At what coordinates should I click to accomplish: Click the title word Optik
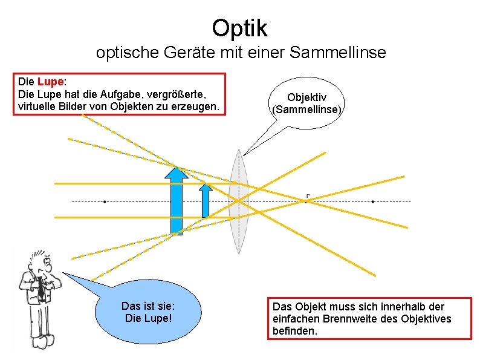[x=239, y=27]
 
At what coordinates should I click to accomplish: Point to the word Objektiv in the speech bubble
[x=307, y=97]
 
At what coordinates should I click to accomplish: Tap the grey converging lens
[x=239, y=201]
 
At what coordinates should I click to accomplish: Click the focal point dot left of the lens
[x=105, y=201]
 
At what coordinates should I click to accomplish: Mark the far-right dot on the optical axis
[x=373, y=201]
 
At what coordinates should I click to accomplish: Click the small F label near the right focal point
[x=308, y=195]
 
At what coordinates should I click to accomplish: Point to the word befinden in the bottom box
[x=294, y=331]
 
